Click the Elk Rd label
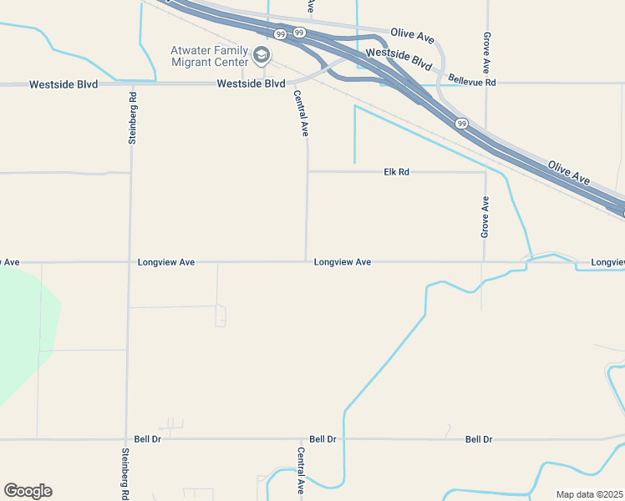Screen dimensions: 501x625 (x=396, y=172)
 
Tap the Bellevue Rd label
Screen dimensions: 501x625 (x=471, y=83)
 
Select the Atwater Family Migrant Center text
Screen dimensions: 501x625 (x=210, y=56)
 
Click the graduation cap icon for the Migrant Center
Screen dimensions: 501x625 (x=262, y=56)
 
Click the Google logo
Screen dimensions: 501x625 (x=28, y=491)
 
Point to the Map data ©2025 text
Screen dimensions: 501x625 (x=588, y=494)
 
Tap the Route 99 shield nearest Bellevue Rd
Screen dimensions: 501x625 (x=461, y=123)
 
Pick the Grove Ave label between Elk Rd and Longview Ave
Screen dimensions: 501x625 (x=485, y=217)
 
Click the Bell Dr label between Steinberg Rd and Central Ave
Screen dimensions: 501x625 (x=147, y=438)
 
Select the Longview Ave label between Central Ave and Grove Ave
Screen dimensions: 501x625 (x=343, y=262)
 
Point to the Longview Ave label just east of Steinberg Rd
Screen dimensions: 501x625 (x=166, y=262)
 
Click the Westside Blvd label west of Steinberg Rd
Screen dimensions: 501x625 (x=64, y=84)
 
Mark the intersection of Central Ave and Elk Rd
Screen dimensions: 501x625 (x=307, y=172)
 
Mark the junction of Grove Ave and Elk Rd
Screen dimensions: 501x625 (x=485, y=173)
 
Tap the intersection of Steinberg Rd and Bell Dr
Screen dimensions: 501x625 (x=126, y=438)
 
